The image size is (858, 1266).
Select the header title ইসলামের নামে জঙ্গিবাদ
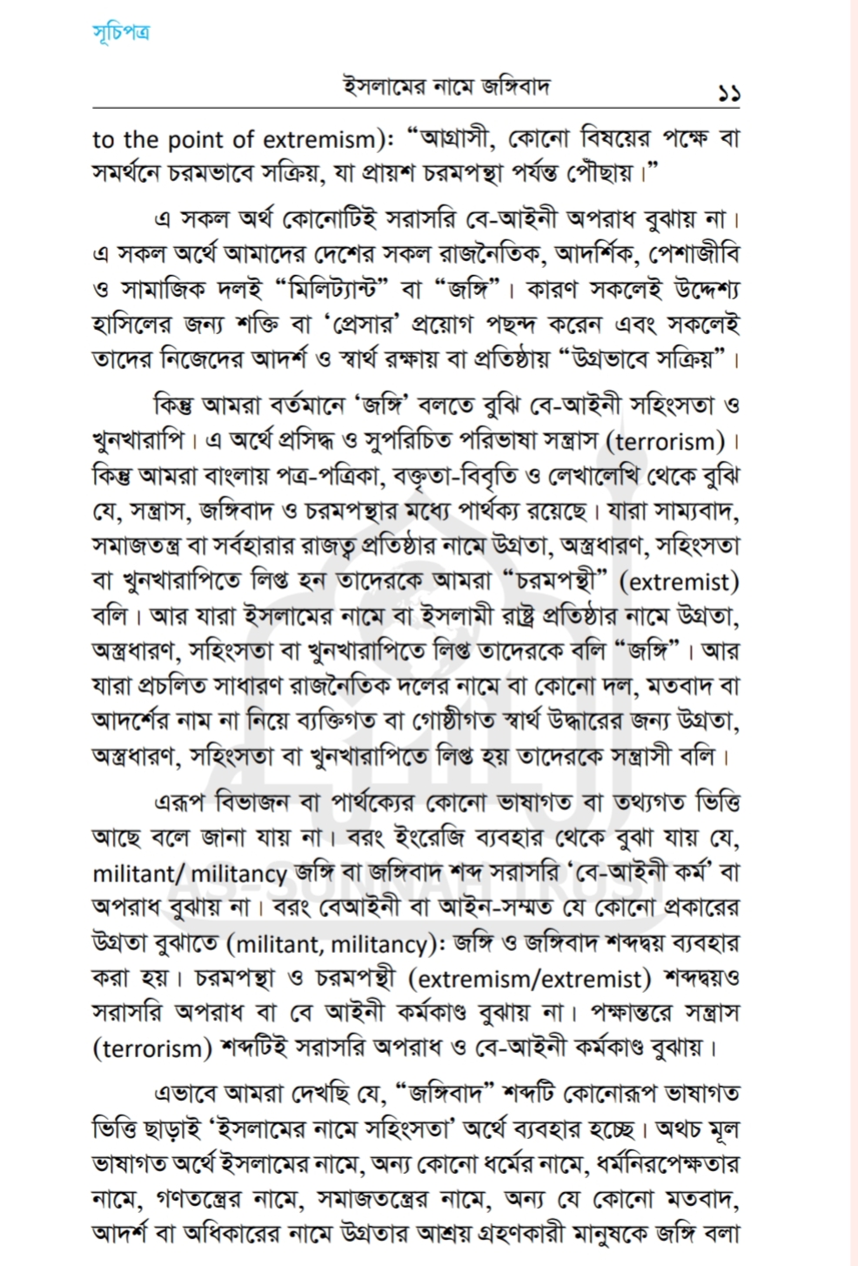[446, 88]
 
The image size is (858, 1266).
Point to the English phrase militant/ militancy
[190, 873]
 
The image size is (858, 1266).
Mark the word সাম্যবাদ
[694, 511]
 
